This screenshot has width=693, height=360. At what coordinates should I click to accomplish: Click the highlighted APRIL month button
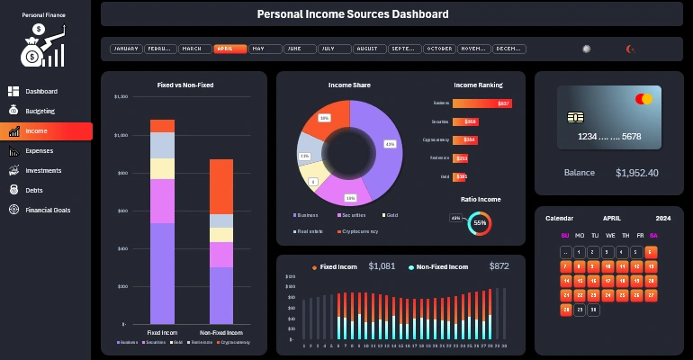pos(229,49)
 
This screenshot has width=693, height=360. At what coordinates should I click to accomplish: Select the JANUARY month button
pos(126,49)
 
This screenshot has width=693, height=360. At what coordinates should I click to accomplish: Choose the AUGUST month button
pos(367,49)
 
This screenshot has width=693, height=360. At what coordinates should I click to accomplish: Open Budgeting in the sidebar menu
pos(40,111)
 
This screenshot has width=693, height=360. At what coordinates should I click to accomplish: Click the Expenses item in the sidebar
pos(39,150)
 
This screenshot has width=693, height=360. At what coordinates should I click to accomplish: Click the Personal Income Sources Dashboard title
pos(353,14)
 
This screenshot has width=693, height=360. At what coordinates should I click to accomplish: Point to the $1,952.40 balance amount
pos(636,173)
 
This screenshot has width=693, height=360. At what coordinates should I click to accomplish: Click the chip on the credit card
pos(573,118)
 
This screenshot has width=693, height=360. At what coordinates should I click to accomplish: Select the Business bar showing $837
pos(481,103)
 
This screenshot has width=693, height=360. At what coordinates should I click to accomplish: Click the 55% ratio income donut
pos(480,222)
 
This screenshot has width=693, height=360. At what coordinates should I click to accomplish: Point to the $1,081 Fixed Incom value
pos(382,266)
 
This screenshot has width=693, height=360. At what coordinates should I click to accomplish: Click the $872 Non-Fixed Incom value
pos(499,266)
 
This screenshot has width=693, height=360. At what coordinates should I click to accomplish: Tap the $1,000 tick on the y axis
pos(121,135)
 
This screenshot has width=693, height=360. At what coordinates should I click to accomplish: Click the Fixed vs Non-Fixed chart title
pos(184,85)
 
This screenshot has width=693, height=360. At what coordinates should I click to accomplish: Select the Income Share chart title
pos(349,85)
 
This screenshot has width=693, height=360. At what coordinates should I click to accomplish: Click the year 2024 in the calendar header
pos(662,219)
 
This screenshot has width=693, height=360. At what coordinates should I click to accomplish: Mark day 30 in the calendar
pos(593,310)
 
